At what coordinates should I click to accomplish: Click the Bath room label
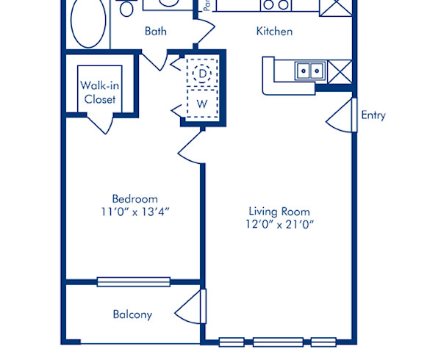point(155,31)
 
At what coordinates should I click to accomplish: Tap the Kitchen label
point(274,31)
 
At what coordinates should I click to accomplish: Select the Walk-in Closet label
point(99,93)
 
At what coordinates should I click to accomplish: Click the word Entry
point(373,115)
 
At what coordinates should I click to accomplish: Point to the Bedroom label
point(135,198)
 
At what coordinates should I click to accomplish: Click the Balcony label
point(132,314)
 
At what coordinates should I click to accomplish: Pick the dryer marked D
point(202,73)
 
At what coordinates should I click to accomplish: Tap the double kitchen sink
point(311,71)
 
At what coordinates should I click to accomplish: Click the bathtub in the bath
point(87,24)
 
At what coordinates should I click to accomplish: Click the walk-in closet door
point(99,123)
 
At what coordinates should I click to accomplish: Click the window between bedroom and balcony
point(133,281)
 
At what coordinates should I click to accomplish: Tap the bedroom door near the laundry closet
point(191,145)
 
